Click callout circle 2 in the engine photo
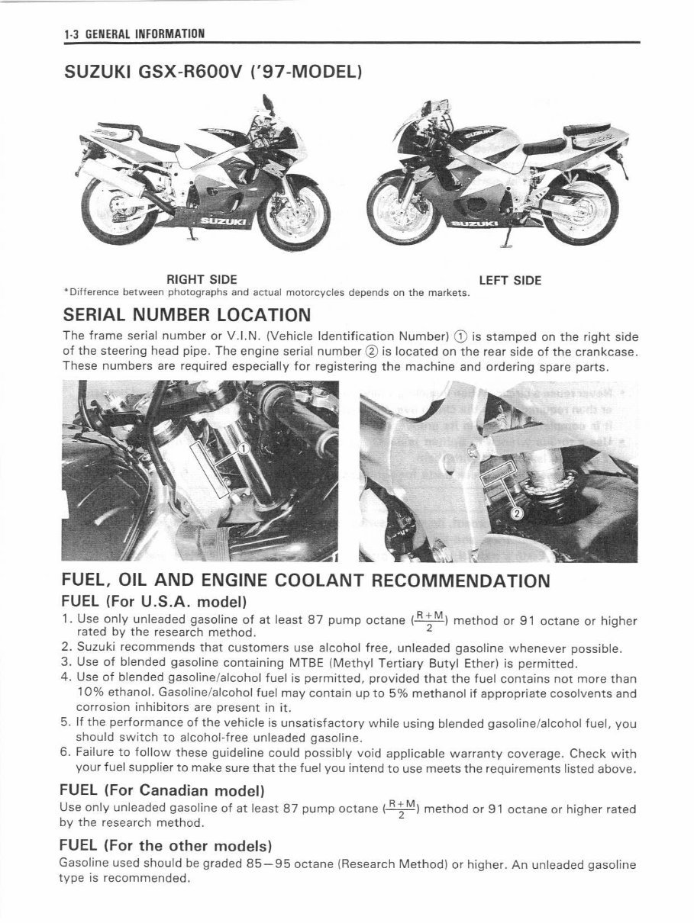click(516, 513)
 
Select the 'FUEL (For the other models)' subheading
click(166, 845)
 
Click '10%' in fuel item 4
click(91, 693)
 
